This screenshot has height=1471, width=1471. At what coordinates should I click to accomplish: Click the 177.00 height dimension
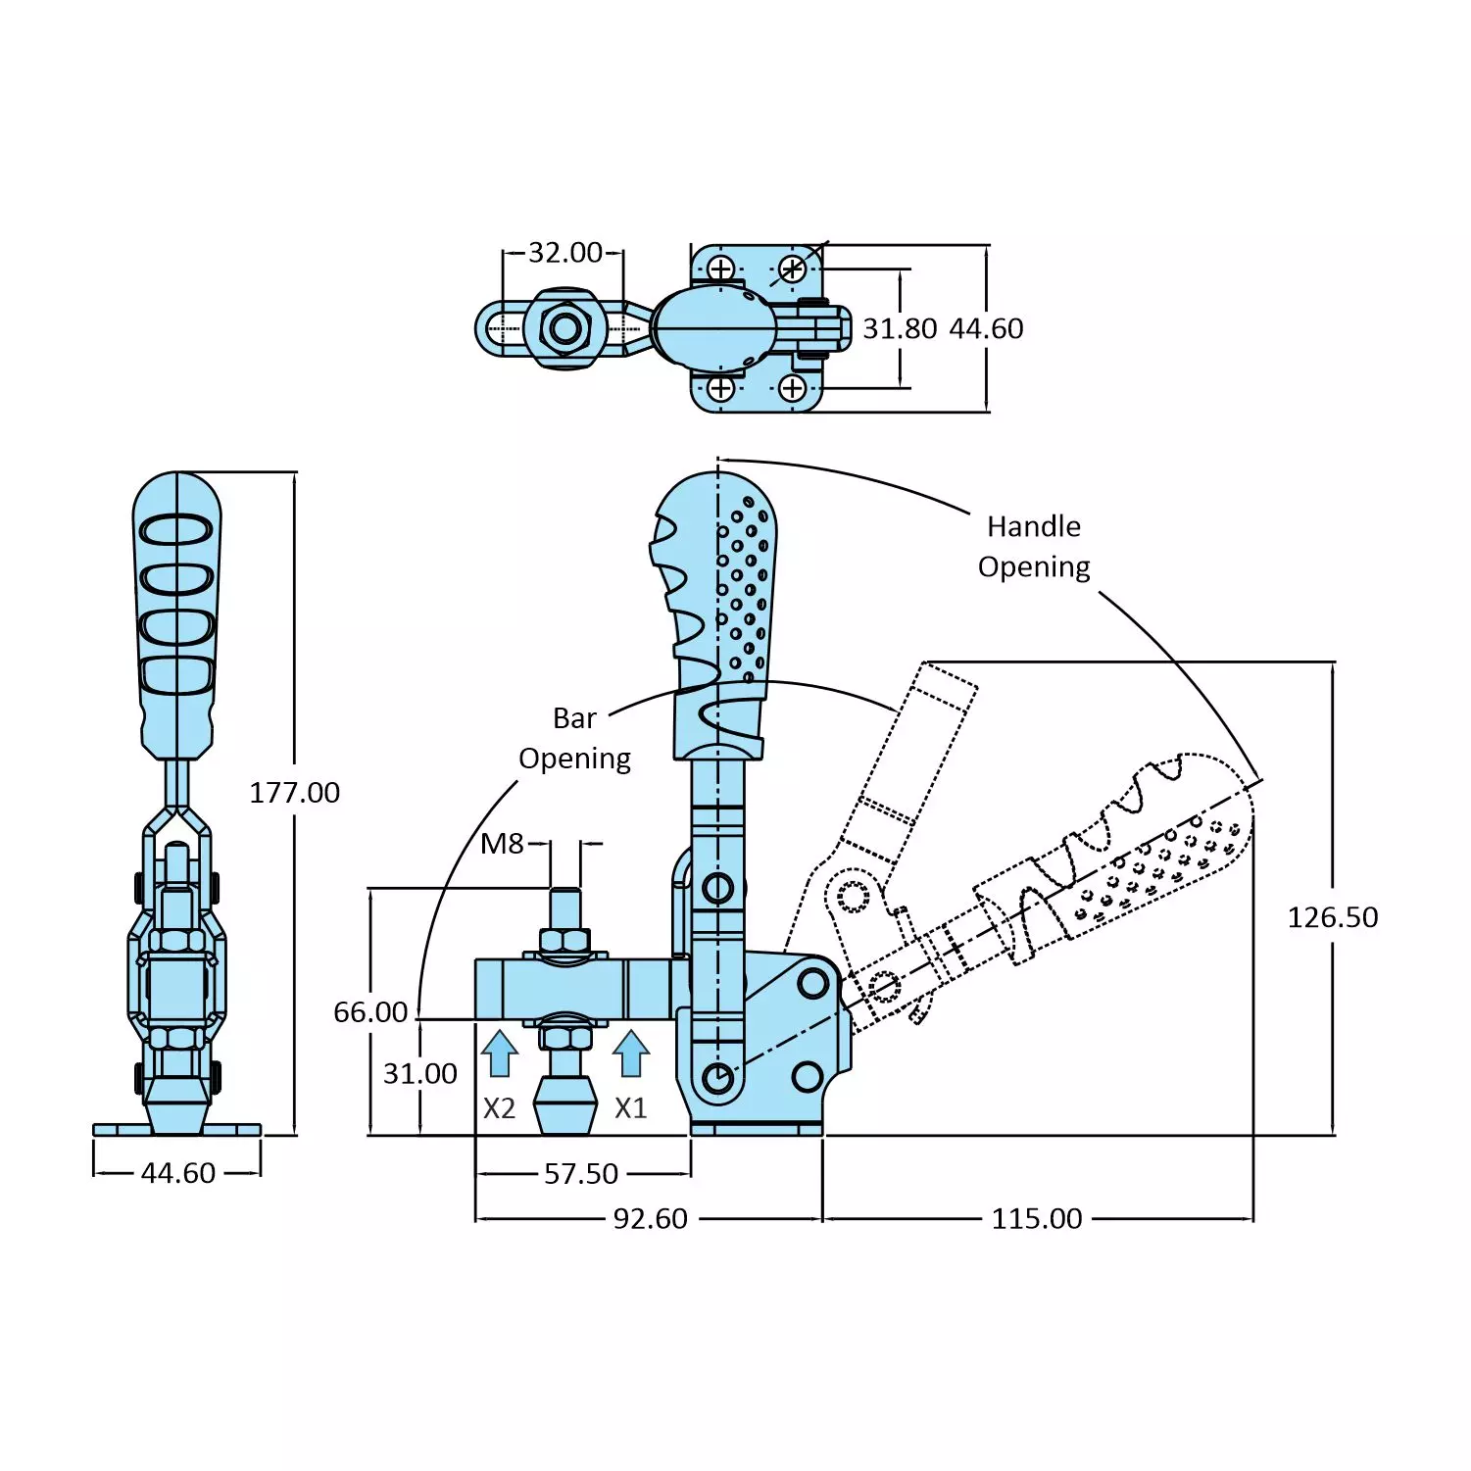(294, 792)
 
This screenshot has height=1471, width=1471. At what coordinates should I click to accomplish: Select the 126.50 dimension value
(1332, 917)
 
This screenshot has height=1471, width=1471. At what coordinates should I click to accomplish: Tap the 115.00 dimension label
(1036, 1219)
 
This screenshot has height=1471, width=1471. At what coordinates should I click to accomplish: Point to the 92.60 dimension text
(650, 1219)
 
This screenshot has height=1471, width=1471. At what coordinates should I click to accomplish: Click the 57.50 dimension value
(581, 1174)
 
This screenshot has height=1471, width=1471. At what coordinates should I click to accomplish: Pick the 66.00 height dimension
(369, 1012)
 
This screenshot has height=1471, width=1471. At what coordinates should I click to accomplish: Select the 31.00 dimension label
(419, 1074)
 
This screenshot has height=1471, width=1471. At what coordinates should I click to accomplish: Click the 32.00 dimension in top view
(564, 253)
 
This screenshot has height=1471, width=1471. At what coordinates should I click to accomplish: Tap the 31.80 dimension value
(899, 329)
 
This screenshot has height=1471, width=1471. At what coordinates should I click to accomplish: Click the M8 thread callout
(502, 844)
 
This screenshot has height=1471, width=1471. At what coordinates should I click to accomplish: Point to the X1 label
(630, 1108)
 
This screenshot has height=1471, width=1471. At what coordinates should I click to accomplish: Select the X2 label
(499, 1108)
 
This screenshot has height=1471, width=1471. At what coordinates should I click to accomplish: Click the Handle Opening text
(1033, 547)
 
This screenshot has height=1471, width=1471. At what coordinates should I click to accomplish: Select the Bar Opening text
(574, 739)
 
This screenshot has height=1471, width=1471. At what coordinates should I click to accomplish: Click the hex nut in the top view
(564, 328)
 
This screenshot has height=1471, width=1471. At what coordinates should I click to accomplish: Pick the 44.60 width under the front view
(177, 1173)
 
